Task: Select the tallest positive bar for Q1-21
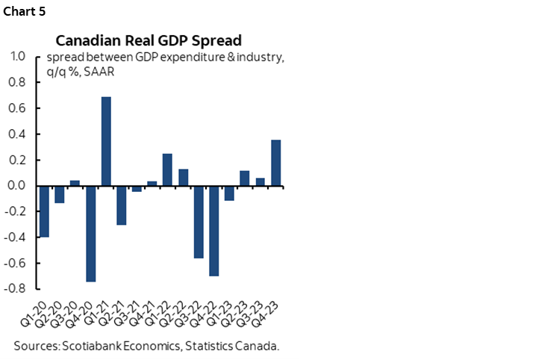coord(106,141)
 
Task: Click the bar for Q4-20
coord(91,233)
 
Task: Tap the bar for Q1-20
coord(45,211)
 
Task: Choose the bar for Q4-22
coord(214,231)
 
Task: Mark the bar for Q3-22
coord(199,222)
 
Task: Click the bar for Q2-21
coord(122,205)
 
